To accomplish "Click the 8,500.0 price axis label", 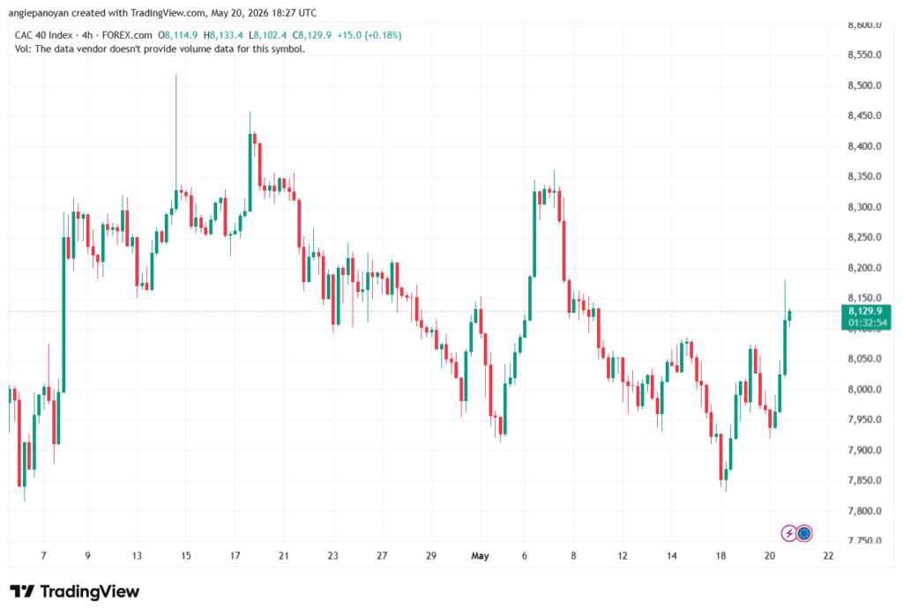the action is pos(864,85).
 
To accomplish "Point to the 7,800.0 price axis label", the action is pos(864,510).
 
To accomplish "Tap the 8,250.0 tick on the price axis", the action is pos(864,237).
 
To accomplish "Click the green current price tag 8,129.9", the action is pos(866,316).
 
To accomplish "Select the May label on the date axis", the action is pos(480,555).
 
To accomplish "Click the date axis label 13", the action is pos(137,555).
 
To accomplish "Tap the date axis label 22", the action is pos(828,555).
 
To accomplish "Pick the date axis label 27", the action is pos(382,555).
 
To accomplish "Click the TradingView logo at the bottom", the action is pos(75,591).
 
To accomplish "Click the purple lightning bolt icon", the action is pos(788,534).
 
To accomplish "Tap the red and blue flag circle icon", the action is pos(804,534).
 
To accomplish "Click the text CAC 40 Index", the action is pos(44,35).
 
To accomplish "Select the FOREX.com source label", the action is pos(127,35).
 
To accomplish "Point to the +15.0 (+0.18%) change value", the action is pos(369,35).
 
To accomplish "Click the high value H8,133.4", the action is pos(223,35).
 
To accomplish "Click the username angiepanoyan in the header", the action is pos(39,13).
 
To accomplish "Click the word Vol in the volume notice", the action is pos(22,49).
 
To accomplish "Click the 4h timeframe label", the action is pos(87,35).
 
